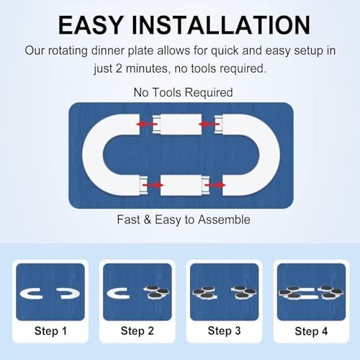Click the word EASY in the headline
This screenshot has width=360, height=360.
(x=91, y=25)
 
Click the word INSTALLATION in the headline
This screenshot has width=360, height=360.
(x=221, y=25)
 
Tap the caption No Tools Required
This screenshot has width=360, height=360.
(x=183, y=92)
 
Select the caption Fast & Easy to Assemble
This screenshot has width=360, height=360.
(x=184, y=220)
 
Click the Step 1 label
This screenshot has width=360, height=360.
(x=50, y=331)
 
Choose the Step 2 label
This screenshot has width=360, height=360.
(x=138, y=331)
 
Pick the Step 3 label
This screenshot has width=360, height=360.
(x=224, y=331)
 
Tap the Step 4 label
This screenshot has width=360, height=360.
(x=311, y=331)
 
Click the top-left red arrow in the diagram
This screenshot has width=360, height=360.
(x=147, y=124)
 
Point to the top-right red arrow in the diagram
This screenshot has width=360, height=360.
(x=209, y=124)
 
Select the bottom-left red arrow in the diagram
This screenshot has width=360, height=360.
(x=153, y=185)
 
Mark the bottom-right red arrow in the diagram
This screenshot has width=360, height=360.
(x=215, y=185)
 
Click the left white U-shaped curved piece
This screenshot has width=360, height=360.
(x=92, y=155)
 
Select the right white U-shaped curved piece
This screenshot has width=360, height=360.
(x=270, y=155)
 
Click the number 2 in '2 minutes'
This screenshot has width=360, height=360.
(x=119, y=68)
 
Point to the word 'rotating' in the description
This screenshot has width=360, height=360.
(x=68, y=51)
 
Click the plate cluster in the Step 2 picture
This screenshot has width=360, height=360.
(x=156, y=292)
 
